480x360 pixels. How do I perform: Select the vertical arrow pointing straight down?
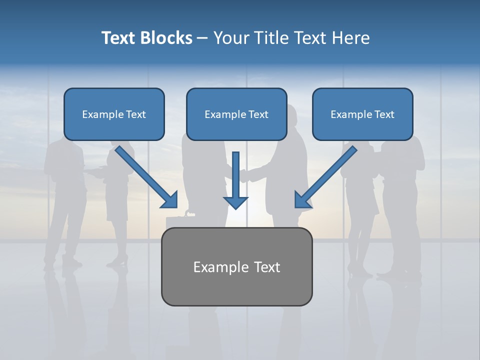[x=235, y=180]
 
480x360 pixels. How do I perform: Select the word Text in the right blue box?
[x=384, y=114]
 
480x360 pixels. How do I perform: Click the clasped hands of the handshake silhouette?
[x=244, y=175]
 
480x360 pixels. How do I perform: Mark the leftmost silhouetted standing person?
[x=64, y=200]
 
